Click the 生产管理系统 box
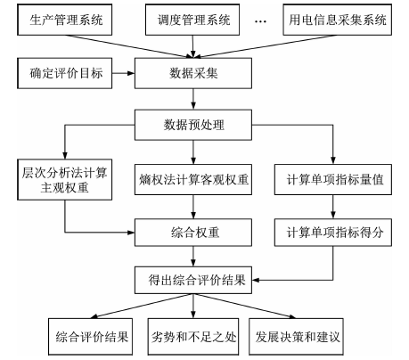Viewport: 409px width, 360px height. (65, 20)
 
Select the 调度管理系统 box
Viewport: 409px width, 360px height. (192, 20)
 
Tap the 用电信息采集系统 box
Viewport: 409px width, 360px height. (338, 20)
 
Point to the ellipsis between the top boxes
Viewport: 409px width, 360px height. (261, 21)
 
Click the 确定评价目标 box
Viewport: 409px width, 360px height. (65, 73)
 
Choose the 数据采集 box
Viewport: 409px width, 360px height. (193, 73)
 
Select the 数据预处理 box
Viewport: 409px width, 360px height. (193, 125)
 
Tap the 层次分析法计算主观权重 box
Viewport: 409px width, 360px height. (65, 180)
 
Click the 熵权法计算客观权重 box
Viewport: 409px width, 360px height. (193, 180)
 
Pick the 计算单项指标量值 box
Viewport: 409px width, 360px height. (333, 180)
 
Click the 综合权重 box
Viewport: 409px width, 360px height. (193, 233)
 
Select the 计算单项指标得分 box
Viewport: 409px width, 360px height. (333, 233)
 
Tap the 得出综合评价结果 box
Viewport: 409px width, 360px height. (193, 280)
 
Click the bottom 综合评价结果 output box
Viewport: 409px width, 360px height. (90, 337)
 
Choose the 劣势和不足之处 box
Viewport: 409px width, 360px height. (193, 337)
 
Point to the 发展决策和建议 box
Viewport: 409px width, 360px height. (296, 337)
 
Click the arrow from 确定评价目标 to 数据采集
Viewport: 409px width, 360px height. (123, 73)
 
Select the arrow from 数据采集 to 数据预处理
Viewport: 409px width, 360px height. (193, 99)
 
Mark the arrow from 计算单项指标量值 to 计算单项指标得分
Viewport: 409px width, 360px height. (333, 207)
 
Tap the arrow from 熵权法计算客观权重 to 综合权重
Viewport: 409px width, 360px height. (193, 207)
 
